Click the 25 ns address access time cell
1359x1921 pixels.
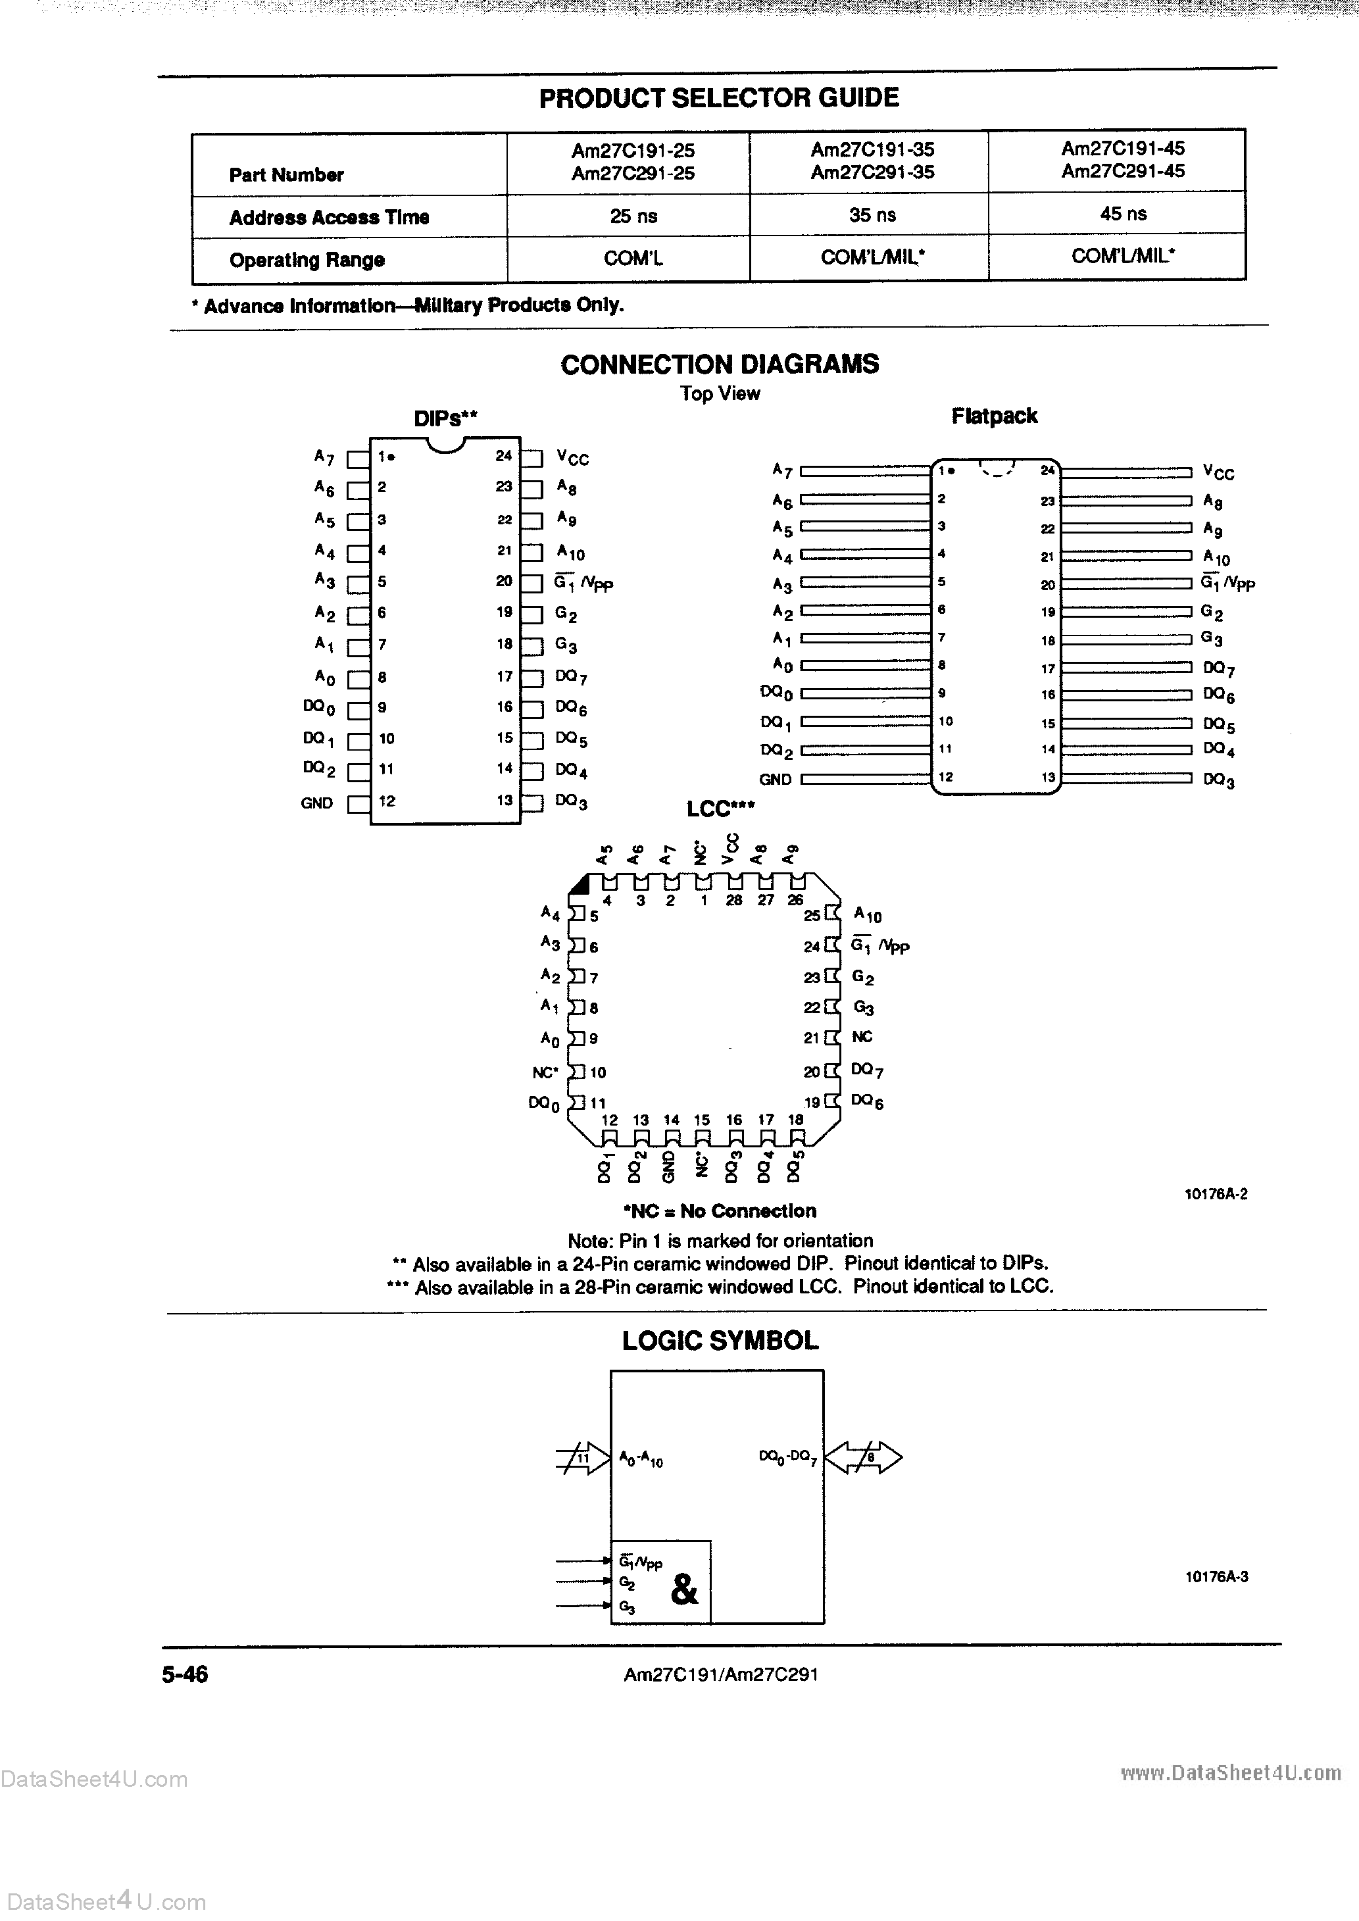point(633,216)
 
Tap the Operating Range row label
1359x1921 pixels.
point(307,261)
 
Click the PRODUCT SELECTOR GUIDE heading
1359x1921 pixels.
point(719,98)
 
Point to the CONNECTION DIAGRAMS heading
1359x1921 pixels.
point(720,364)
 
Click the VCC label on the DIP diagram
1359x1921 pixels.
point(573,458)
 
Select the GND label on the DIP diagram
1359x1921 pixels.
point(316,803)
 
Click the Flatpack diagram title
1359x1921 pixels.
point(994,416)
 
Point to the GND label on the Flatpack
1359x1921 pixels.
point(775,779)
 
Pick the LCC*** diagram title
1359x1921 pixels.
point(720,809)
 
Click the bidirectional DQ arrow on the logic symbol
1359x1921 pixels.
point(864,1457)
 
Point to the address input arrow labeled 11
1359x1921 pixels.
point(583,1459)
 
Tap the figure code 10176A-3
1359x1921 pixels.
point(1216,1577)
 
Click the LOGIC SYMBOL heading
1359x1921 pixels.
point(720,1340)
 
